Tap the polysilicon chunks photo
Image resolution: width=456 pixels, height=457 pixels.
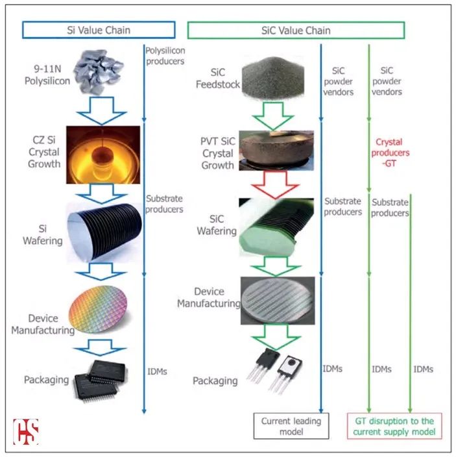(x=99, y=71)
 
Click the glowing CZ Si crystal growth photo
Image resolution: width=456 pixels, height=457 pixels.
(x=103, y=154)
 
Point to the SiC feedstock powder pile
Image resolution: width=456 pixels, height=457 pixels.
(x=273, y=77)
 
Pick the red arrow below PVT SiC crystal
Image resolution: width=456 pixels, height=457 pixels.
(x=275, y=185)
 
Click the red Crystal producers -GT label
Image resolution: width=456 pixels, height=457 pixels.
(x=390, y=153)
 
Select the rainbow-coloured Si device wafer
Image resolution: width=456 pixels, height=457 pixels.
(x=99, y=309)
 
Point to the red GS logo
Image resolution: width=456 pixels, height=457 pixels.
(x=26, y=432)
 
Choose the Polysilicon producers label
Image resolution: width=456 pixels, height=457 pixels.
(x=165, y=56)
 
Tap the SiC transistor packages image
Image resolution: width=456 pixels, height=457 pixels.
(x=274, y=371)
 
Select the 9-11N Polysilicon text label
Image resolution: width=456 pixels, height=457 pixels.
(x=47, y=75)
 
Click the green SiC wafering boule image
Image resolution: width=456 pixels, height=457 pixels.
(x=276, y=228)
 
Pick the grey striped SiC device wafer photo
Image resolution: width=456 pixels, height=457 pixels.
(x=278, y=301)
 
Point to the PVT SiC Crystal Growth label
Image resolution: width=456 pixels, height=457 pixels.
(x=218, y=153)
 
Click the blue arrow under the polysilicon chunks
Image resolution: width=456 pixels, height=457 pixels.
(x=101, y=111)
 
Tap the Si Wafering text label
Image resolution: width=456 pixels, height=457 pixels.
(x=43, y=234)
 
